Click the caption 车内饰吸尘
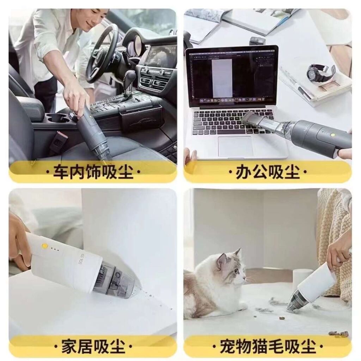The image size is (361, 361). coord(93,172)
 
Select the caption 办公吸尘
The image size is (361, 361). coord(268,172)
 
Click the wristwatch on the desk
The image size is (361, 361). coord(320,73)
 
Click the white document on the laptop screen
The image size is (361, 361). coord(222,78)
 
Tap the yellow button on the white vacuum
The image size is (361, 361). coord(45,246)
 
